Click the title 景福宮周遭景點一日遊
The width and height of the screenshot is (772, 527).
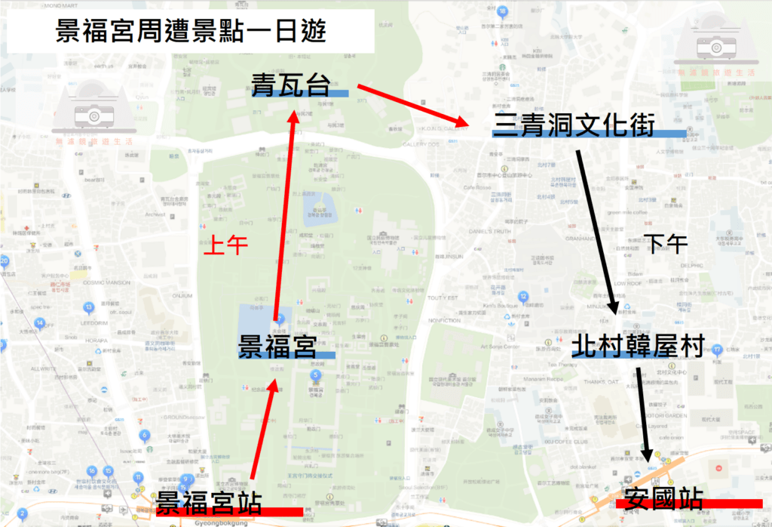click(x=191, y=33)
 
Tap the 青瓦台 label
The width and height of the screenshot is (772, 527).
click(x=291, y=85)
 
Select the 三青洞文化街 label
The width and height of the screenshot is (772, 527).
click(x=578, y=123)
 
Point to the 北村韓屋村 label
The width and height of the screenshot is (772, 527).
click(x=638, y=346)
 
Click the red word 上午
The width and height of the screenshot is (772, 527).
click(x=226, y=245)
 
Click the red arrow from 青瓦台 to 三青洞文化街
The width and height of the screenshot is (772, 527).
click(x=411, y=106)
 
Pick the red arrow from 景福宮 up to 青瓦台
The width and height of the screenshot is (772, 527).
click(x=285, y=219)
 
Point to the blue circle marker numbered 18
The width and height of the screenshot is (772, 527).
click(x=502, y=11)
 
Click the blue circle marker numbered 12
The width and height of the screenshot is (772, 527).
click(x=522, y=297)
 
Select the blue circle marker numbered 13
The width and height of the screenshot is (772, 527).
click(x=88, y=307)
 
